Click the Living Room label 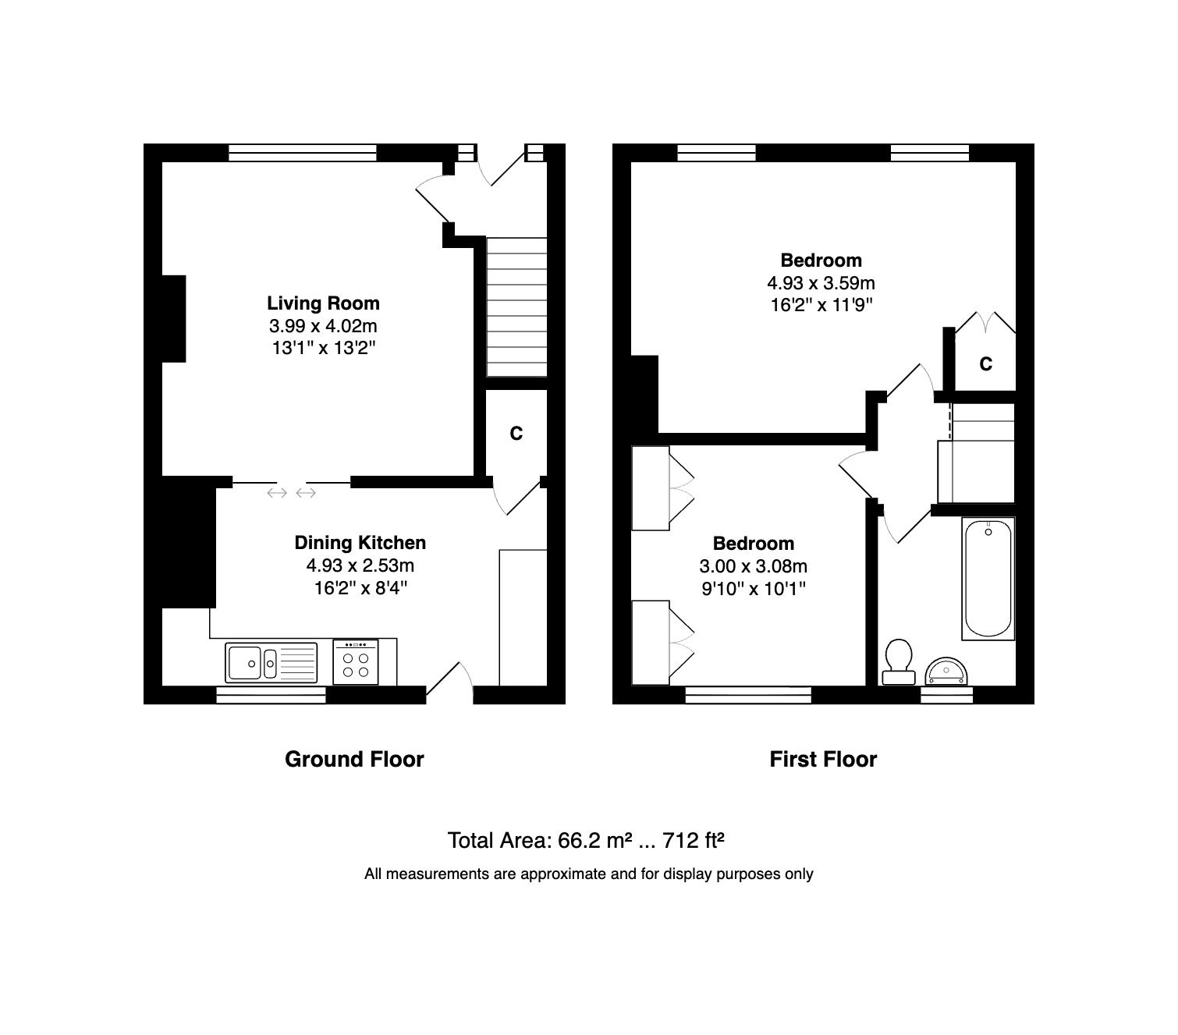point(323,303)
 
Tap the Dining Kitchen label point(360,543)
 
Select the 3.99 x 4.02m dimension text point(323,325)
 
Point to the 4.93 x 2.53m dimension point(360,565)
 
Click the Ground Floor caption point(354,760)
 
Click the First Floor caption point(823,760)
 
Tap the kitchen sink point(271,663)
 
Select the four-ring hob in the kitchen point(356,662)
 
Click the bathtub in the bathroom point(988,579)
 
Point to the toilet point(899,662)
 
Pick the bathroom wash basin point(946,671)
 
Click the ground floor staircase point(516,307)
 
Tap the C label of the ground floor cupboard point(516,433)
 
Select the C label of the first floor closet point(985,364)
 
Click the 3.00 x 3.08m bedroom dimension point(753,565)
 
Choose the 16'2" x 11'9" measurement point(821,305)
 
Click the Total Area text point(586,840)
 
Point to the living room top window point(303,153)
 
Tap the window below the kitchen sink point(271,695)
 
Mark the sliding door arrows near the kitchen point(291,493)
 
